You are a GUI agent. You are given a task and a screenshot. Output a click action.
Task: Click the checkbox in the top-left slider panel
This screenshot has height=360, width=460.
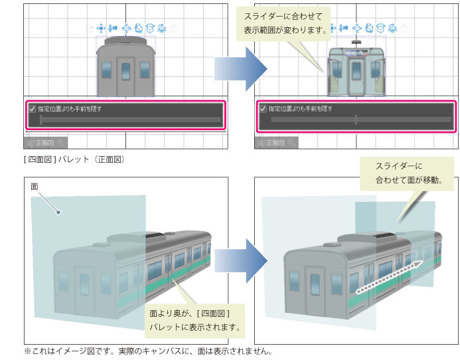point(32,108)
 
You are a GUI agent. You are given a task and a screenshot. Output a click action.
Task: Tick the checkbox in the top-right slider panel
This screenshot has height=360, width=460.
point(264,108)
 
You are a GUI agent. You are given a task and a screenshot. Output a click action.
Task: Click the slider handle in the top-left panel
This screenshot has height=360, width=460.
point(41,120)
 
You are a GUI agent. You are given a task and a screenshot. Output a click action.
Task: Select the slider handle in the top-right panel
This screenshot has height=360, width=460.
point(356,120)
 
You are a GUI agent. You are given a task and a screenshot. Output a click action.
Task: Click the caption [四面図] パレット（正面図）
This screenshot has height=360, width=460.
point(73,159)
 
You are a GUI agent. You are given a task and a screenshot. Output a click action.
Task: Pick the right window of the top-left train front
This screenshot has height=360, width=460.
point(143,70)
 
